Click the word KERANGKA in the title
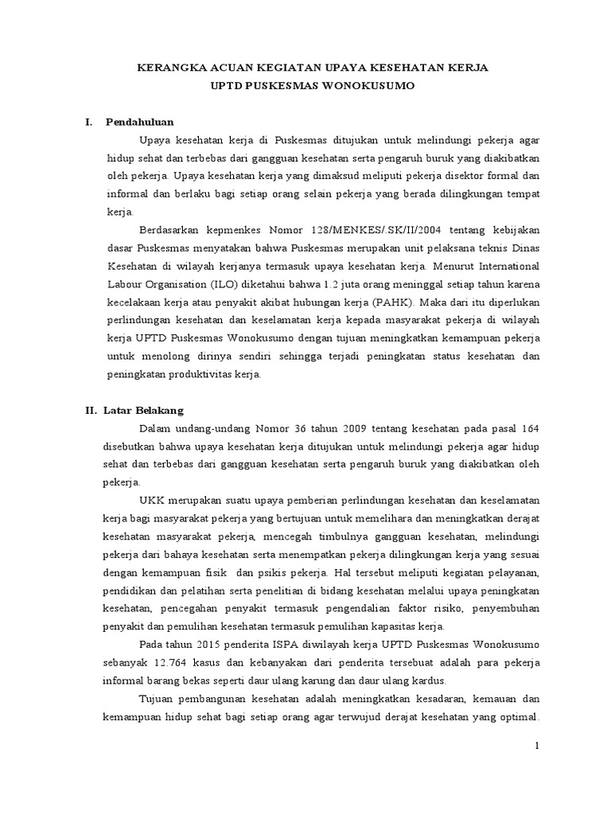[x=168, y=69]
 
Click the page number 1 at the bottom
[x=537, y=746]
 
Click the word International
[x=504, y=267]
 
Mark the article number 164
[x=527, y=430]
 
